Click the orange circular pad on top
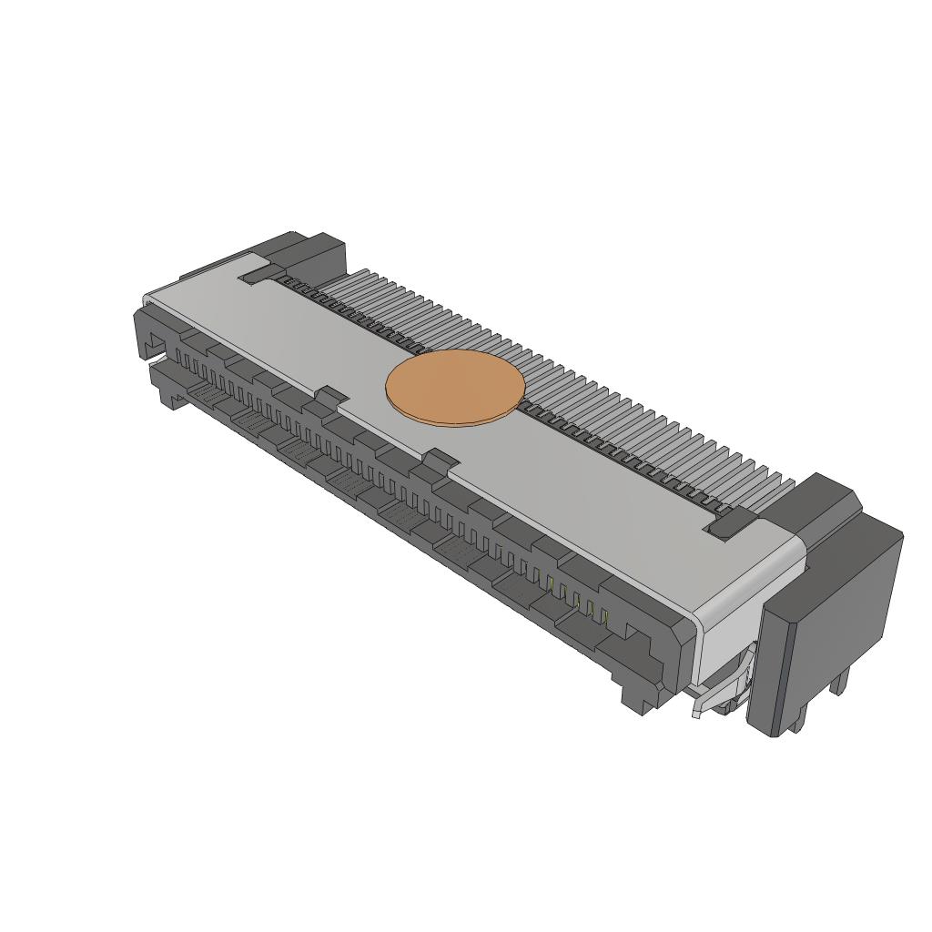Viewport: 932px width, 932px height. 455,385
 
